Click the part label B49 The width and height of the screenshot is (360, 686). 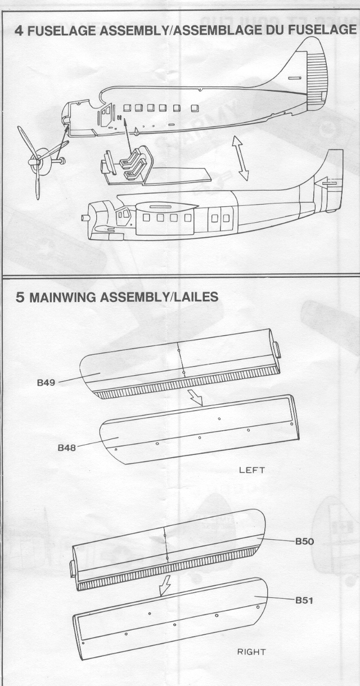46,382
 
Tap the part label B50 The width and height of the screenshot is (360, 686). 304,541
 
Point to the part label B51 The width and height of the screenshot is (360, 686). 304,601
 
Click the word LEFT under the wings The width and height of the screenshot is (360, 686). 251,470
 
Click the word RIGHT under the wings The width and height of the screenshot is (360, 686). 251,652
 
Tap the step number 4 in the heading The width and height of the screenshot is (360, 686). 19,31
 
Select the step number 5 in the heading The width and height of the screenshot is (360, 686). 20,297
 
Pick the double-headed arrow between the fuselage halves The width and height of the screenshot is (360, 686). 240,159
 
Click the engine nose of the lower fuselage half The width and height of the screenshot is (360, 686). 93,216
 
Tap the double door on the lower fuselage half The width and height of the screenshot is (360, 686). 220,218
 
